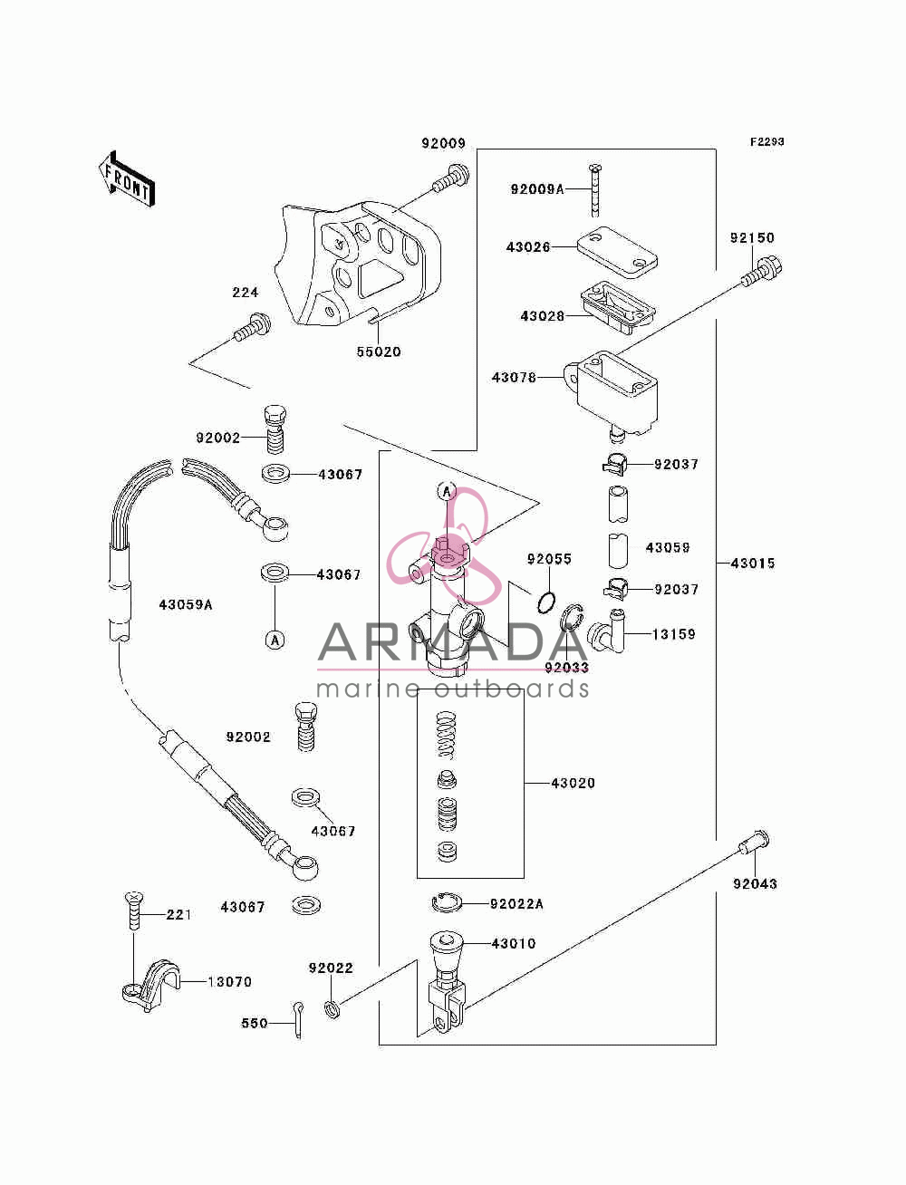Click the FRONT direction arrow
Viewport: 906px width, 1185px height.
point(127,178)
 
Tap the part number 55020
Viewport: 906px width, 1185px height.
point(379,352)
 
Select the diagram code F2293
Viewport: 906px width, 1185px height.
point(766,142)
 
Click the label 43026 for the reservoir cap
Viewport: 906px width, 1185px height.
point(528,247)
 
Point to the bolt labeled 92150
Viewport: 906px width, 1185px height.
point(762,272)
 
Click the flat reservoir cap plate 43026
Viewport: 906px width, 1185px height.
point(617,252)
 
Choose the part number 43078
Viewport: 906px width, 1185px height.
point(514,378)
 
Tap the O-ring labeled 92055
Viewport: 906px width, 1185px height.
point(546,602)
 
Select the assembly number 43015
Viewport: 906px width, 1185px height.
point(753,564)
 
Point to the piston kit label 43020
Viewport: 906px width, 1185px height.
point(573,783)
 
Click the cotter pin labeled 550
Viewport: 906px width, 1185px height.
point(297,1019)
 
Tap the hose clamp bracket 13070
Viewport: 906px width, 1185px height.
point(150,985)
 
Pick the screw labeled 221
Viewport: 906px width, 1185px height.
point(133,911)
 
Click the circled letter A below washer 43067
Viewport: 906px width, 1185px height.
point(275,641)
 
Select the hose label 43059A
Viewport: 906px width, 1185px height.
point(185,604)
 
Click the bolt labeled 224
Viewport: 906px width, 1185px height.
point(252,327)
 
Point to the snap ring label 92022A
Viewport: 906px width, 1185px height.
point(516,903)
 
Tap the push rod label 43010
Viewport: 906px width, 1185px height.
point(514,943)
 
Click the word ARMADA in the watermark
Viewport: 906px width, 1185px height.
point(452,641)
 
